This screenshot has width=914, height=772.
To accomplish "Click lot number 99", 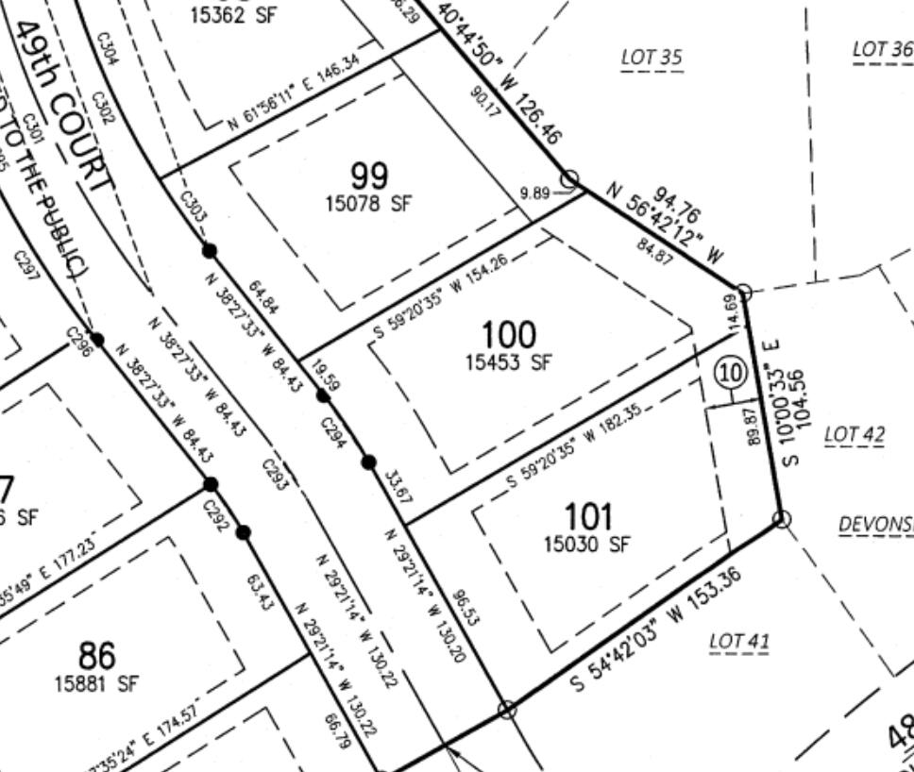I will tap(369, 176).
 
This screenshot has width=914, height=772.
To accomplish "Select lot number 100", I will tap(508, 334).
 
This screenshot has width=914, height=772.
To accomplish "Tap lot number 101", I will tap(587, 517).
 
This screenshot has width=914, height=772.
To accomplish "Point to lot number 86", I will tap(96, 655).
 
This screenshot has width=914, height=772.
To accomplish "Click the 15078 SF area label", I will tap(369, 204).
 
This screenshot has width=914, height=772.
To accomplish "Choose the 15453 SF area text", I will tap(508, 361).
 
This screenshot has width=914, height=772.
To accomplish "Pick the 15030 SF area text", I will tap(586, 545).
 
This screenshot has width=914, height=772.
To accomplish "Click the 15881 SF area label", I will tap(96, 683).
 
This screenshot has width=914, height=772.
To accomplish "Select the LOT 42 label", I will tap(855, 435).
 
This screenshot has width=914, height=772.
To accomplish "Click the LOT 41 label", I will tap(739, 643).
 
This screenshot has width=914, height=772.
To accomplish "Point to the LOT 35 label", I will tap(651, 58).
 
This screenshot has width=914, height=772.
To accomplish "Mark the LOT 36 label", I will tap(882, 49).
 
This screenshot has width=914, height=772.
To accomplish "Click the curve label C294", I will tap(333, 433).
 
